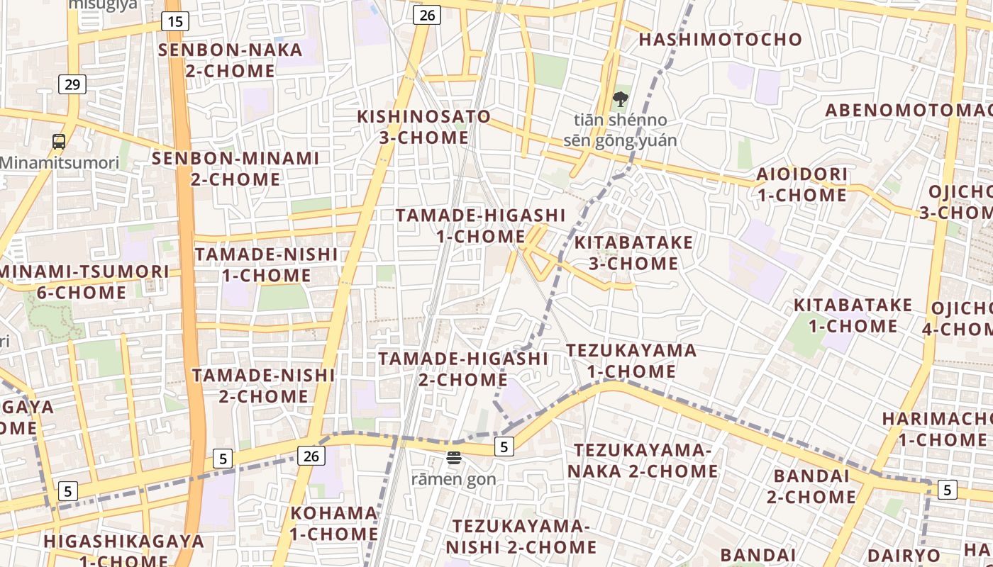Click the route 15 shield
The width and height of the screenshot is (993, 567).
click(x=175, y=21)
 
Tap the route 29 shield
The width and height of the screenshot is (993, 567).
click(x=72, y=84)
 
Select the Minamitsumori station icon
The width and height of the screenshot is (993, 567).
click(x=59, y=141)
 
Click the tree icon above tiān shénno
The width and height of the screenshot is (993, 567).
click(x=621, y=99)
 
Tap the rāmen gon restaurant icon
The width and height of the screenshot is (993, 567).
click(x=454, y=458)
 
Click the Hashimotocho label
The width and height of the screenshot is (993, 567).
click(x=720, y=40)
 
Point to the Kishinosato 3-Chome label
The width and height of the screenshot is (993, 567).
click(x=423, y=127)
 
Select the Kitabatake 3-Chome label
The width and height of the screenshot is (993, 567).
click(x=633, y=253)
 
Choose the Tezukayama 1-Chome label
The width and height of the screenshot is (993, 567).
click(x=631, y=361)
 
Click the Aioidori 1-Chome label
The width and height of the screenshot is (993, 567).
click(x=801, y=184)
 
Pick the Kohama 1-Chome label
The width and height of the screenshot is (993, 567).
click(x=333, y=523)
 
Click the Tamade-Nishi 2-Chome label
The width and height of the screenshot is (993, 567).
click(x=263, y=386)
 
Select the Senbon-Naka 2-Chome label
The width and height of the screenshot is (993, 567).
click(x=230, y=60)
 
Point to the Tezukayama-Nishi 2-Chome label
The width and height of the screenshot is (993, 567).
click(x=521, y=537)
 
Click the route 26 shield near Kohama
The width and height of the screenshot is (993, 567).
click(x=311, y=456)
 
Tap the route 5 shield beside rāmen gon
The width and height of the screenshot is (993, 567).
click(x=503, y=447)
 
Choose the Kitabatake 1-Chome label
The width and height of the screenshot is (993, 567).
click(x=852, y=315)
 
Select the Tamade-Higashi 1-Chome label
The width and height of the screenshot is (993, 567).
click(x=480, y=225)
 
